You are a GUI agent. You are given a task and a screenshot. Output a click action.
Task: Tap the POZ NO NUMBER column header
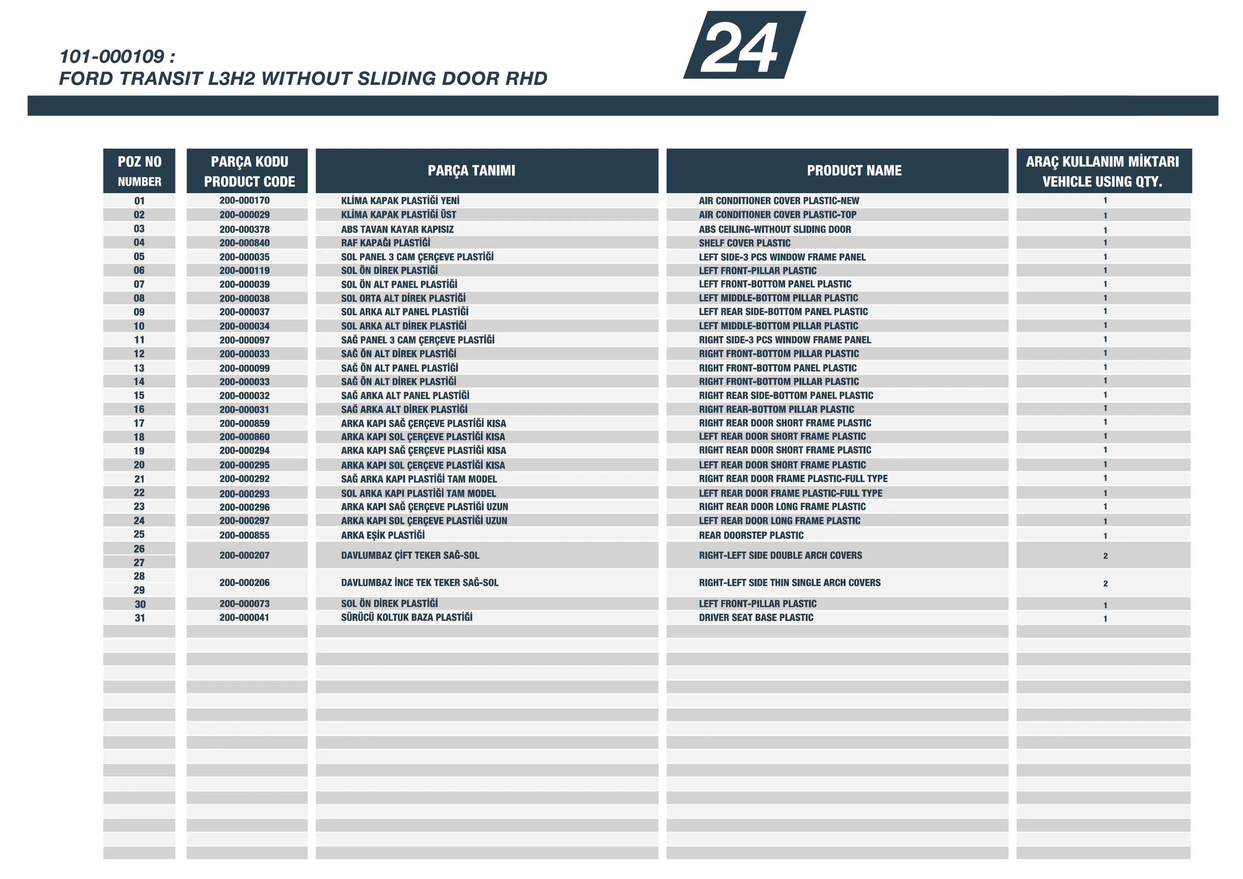(139, 170)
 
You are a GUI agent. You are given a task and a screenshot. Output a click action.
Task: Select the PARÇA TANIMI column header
(471, 170)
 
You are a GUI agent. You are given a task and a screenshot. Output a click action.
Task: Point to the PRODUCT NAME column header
(854, 170)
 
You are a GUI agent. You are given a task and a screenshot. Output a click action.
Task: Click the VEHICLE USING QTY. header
(1102, 181)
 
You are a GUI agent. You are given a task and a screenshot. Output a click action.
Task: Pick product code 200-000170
(244, 200)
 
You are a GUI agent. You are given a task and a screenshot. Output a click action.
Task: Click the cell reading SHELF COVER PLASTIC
(744, 243)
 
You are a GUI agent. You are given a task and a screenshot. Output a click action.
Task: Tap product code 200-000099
(244, 368)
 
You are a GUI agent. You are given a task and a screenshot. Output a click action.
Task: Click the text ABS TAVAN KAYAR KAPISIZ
(397, 229)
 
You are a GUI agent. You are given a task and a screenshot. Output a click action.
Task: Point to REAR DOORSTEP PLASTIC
(751, 535)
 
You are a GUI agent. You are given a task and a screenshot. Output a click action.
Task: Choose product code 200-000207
(244, 555)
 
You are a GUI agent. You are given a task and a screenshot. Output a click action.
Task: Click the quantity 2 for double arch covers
(1105, 556)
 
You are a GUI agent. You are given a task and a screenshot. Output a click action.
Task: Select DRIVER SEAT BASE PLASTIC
(756, 617)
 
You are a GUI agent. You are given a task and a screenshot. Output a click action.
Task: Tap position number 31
(140, 618)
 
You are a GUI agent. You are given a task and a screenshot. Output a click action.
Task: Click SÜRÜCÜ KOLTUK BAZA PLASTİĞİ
(406, 617)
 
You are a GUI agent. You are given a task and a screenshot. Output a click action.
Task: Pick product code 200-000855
(244, 535)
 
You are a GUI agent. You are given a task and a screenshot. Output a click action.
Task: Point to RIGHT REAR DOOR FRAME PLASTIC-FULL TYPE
(793, 479)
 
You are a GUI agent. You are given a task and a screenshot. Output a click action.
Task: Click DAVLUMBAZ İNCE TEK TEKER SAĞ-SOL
(420, 583)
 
